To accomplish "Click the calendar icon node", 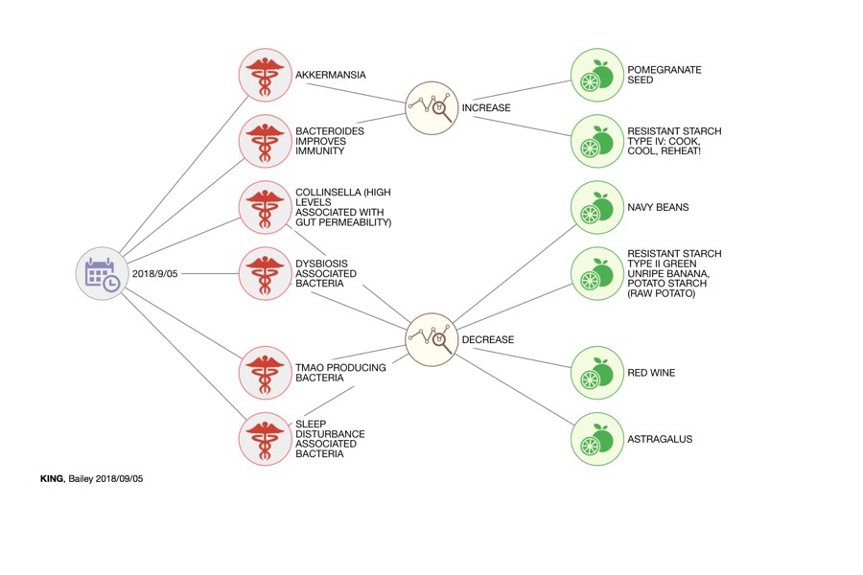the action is pos(102,273).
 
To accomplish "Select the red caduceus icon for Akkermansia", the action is pos(265,75).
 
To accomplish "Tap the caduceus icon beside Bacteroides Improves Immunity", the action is pos(265,141).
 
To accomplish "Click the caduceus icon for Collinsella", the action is pos(265,207).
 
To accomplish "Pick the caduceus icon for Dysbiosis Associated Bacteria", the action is pos(265,273).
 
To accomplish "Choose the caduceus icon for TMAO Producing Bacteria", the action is pos(265,373).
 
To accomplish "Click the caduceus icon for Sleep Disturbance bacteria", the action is pos(265,439).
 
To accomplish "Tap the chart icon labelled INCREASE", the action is pos(431,108).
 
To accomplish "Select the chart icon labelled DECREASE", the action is pos(431,339).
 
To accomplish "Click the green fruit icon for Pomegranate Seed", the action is pos(597,75).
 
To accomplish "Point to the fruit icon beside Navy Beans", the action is pos(597,207).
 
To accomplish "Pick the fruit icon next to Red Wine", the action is pos(597,373).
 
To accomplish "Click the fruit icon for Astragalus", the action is pos(597,439).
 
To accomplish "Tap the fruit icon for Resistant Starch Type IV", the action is pos(597,141).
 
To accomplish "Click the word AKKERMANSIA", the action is pos(330,75).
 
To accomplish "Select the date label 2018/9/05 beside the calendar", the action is pos(154,273).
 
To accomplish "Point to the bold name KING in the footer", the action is pos(52,479).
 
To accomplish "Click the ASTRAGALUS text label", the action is pos(660,439).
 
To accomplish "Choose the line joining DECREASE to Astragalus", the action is pos(515,389).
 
